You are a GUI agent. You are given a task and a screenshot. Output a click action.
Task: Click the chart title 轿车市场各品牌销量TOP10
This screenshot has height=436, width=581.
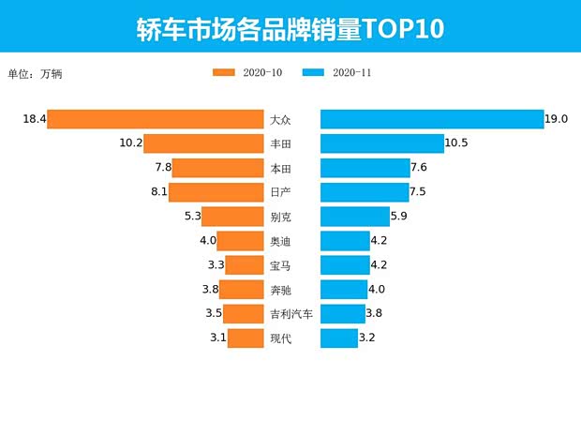coord(290,27)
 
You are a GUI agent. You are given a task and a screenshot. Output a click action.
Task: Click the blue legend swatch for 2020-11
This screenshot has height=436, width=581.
coord(314,72)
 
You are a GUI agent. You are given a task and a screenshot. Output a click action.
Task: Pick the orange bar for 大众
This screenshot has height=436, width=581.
coord(156,119)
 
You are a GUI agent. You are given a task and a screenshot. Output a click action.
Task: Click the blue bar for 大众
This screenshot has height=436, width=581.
coord(432,119)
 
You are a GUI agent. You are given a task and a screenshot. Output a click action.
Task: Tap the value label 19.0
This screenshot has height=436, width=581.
coord(558,119)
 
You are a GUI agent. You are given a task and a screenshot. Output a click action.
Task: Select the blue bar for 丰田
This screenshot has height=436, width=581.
coord(382,143)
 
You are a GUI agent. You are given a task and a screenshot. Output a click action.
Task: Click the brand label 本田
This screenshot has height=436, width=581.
coord(280,169)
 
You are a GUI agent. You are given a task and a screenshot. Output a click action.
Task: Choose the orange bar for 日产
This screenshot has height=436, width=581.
coord(216,192)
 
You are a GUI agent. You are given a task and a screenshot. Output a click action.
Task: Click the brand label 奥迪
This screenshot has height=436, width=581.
coord(280,241)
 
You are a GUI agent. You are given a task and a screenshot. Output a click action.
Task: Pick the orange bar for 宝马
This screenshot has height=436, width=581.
coord(244,265)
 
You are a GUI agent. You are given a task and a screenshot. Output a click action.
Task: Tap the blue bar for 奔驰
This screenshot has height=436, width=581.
coord(344,290)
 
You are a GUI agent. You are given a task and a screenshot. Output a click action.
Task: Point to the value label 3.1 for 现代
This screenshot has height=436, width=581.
coord(216,338)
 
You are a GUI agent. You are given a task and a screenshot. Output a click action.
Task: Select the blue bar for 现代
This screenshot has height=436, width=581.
coord(339,338)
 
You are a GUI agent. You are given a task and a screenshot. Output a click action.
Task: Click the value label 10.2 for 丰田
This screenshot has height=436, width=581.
coord(130,143)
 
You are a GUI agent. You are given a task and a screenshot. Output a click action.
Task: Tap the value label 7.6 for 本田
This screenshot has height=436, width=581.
coord(419,168)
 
